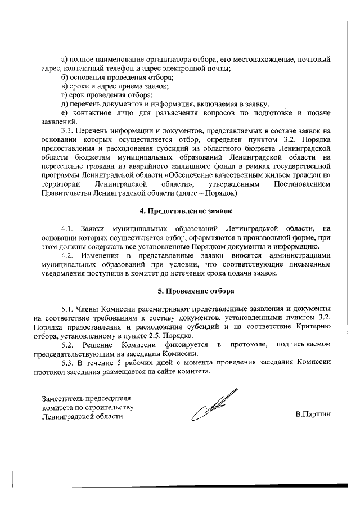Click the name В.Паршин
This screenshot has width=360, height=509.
coord(313,415)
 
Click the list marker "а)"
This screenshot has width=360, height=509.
coord(65,59)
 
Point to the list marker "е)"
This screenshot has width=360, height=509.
coord(65,113)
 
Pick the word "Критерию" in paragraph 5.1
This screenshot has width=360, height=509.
coord(312,326)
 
